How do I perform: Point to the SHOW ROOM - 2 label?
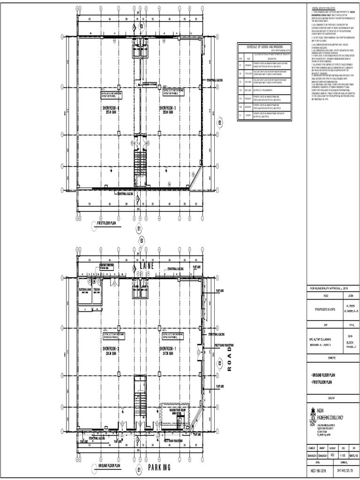pos(111,350)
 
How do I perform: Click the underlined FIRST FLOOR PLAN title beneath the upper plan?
pos(109,224)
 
